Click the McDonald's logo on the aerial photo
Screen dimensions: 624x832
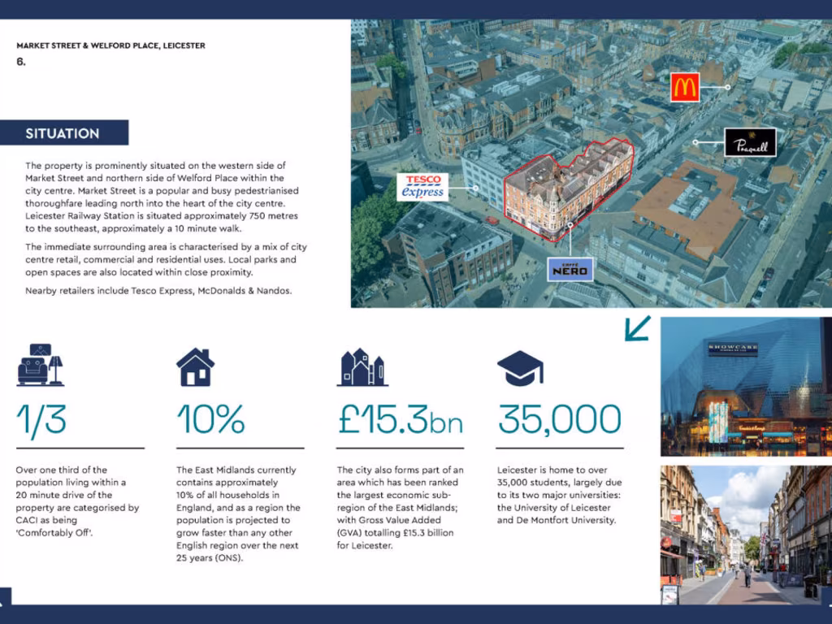coord(685,87)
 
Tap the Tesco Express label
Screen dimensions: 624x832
coord(422,186)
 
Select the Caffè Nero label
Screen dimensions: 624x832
coord(570,269)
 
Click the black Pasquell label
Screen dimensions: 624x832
coord(750,142)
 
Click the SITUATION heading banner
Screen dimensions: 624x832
coord(64,133)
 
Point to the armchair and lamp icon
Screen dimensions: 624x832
coord(40,365)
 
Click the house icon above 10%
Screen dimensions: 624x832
coord(196,367)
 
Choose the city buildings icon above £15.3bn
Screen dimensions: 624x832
coord(362,367)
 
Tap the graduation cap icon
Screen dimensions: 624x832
coord(520,368)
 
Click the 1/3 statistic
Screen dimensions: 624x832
coord(41,419)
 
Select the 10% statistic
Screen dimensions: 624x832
coord(210,419)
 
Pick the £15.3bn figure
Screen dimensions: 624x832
coord(400,419)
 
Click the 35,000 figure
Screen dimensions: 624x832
coord(559,419)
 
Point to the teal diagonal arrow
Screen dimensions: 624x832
coord(638,328)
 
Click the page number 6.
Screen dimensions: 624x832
coord(20,61)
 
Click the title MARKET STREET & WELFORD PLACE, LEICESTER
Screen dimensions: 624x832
coord(110,45)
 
